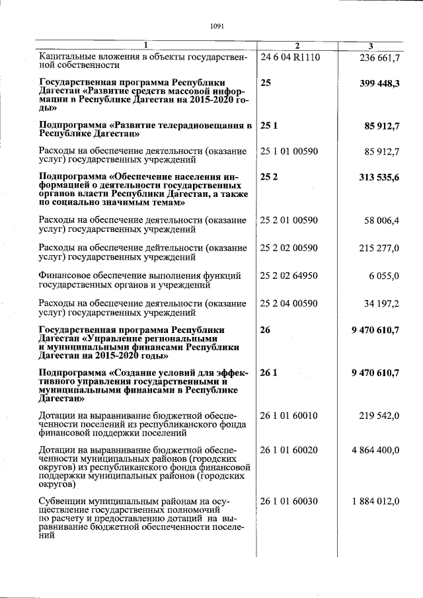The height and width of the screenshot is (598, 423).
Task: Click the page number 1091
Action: (217, 26)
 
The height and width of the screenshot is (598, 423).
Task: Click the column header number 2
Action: (297, 46)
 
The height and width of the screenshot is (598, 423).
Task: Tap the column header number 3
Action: (371, 46)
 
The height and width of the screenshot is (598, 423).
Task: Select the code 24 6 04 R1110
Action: (290, 57)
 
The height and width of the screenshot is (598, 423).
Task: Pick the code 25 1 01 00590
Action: (289, 151)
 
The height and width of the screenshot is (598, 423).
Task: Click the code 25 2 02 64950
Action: (289, 276)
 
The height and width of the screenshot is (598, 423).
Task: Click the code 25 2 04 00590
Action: (289, 303)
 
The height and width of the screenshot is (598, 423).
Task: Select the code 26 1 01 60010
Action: (289, 416)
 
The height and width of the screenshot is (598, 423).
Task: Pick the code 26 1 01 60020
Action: (289, 450)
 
